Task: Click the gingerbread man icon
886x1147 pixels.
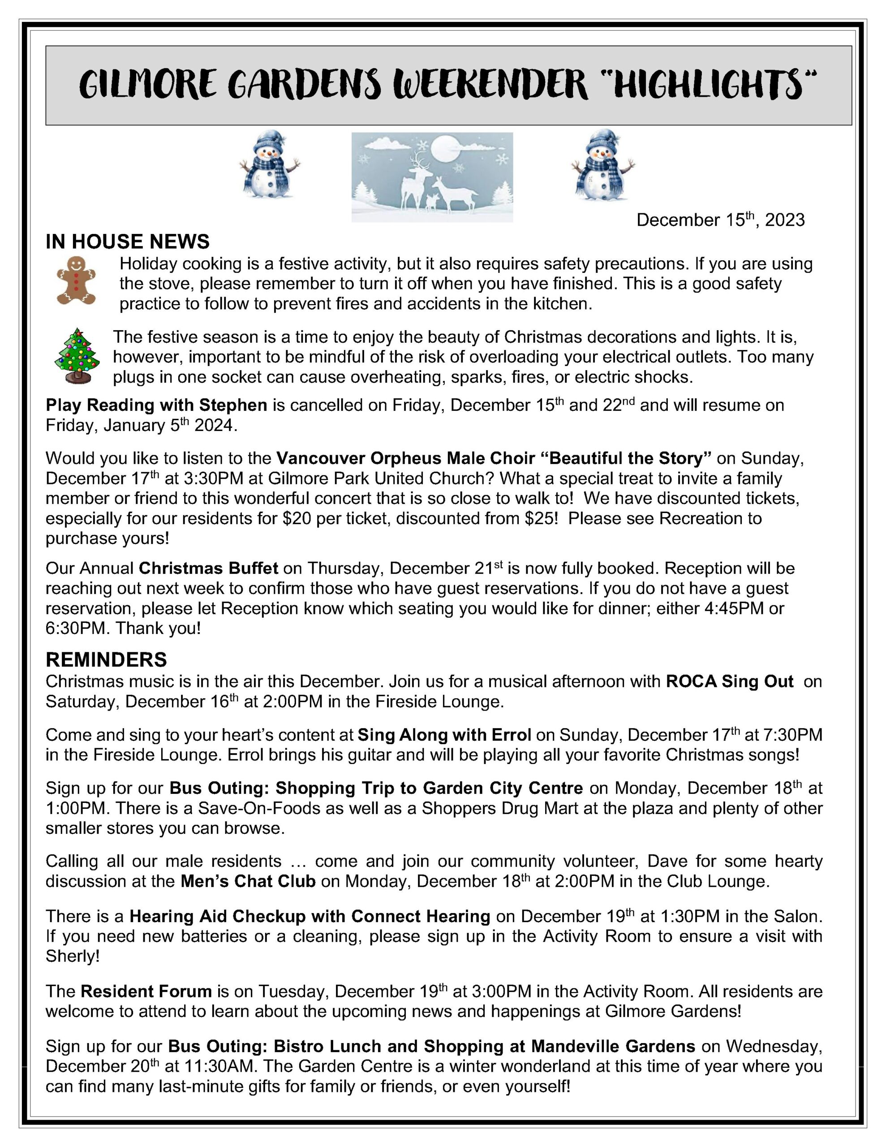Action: coord(76,280)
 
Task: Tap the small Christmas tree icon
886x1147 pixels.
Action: coord(77,356)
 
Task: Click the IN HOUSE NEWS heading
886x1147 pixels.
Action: coord(128,241)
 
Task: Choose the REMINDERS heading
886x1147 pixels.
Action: coord(106,660)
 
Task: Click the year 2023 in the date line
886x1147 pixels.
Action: coord(784,220)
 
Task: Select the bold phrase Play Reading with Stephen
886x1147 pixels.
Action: coord(156,405)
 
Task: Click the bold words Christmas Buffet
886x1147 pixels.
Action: coord(208,568)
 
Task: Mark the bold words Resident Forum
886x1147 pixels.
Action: coord(146,992)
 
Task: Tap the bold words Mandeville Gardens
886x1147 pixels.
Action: coord(613,1046)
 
